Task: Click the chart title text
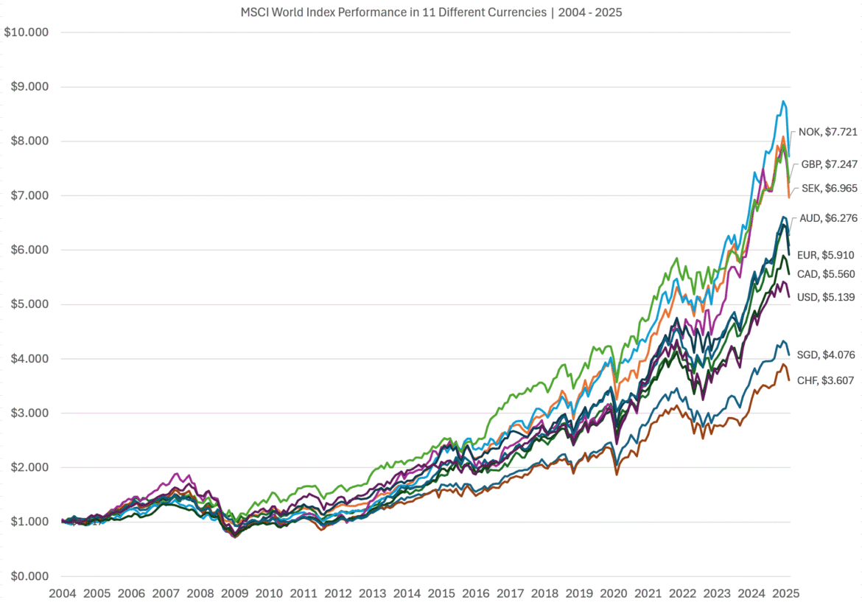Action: tap(432, 13)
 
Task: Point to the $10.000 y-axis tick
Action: tap(27, 32)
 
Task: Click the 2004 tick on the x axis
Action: tap(62, 593)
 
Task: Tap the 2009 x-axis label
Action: tap(235, 593)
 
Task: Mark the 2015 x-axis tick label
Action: tap(442, 593)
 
